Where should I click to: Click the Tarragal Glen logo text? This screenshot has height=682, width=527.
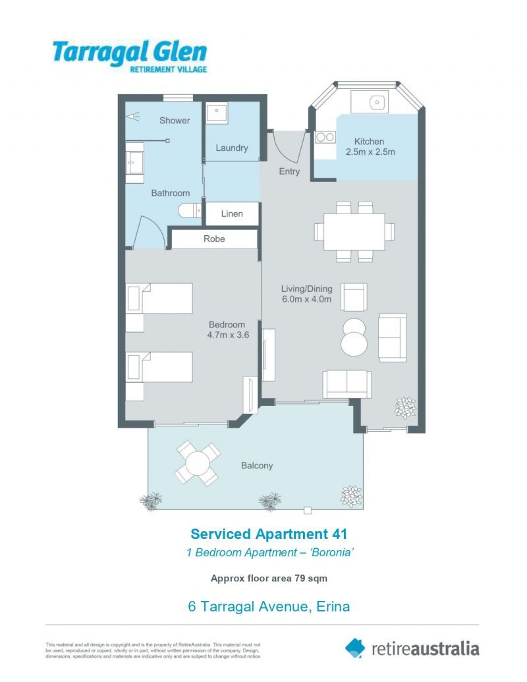click(x=130, y=52)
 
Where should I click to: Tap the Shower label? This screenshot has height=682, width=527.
click(x=175, y=121)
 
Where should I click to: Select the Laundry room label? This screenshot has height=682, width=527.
click(x=231, y=148)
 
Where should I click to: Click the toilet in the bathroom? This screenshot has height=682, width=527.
click(x=190, y=211)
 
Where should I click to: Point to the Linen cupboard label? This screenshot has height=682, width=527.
click(x=232, y=213)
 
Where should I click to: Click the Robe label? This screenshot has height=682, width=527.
click(x=214, y=239)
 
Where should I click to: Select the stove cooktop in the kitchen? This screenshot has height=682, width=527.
click(x=323, y=137)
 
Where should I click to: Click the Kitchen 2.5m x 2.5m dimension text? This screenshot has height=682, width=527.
click(x=370, y=147)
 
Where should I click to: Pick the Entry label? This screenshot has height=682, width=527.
click(x=289, y=171)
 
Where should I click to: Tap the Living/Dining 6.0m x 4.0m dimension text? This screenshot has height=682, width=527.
click(x=306, y=295)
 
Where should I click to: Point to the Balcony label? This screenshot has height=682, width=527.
click(x=257, y=465)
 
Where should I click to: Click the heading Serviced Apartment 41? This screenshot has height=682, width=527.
click(x=269, y=534)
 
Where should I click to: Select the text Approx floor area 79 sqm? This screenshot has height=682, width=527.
click(x=269, y=579)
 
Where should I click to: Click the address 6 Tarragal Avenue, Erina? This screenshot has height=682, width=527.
click(x=269, y=606)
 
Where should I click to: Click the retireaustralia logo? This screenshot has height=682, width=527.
click(x=413, y=648)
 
